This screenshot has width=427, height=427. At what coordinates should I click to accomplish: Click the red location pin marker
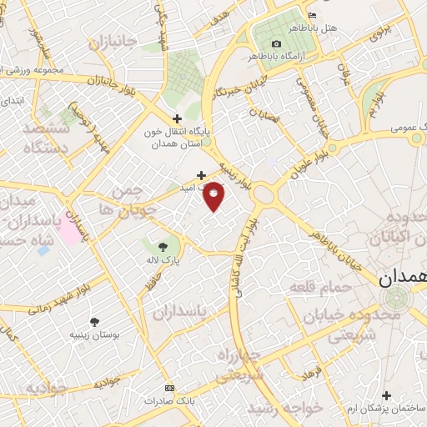pos(214,196)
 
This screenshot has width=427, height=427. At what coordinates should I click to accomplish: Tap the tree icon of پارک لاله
pos(162,246)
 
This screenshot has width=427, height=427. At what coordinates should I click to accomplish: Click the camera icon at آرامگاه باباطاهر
pos(276,43)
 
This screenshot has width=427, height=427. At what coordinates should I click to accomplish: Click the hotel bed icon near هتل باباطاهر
pos(312,15)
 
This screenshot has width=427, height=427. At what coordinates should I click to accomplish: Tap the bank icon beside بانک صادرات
pos(169,389)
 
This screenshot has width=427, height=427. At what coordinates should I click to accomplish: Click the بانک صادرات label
pos(169,401)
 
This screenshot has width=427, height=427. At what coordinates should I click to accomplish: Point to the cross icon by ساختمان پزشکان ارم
pos(385,394)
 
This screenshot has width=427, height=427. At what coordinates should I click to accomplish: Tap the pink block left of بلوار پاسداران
pos(70,231)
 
